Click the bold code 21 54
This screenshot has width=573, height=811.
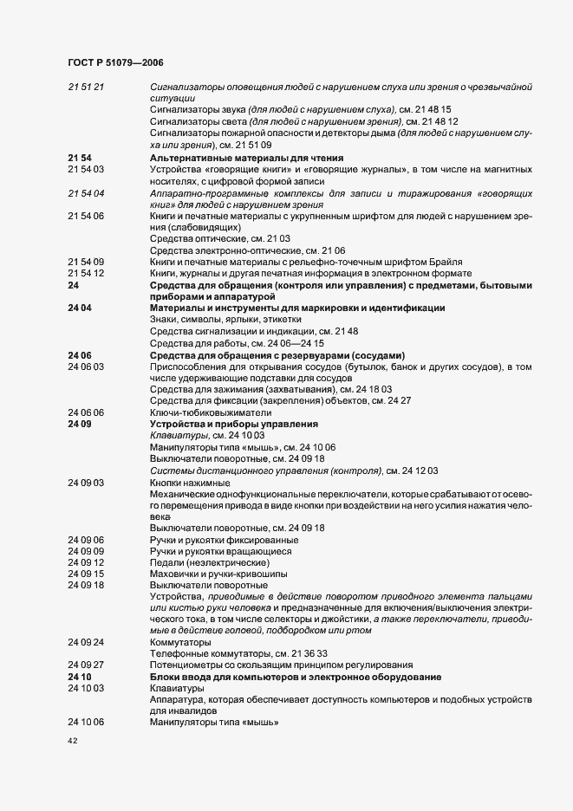[x=80, y=157]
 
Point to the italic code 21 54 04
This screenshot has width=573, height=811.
[x=86, y=192]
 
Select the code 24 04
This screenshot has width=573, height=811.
[x=80, y=308]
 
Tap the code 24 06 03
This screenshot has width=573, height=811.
[x=86, y=367]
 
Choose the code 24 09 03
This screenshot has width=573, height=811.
[x=86, y=482]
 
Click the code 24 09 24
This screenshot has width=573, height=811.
[x=86, y=643]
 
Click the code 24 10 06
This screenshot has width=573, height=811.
[x=86, y=723]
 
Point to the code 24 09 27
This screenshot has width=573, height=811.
[x=86, y=666]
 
